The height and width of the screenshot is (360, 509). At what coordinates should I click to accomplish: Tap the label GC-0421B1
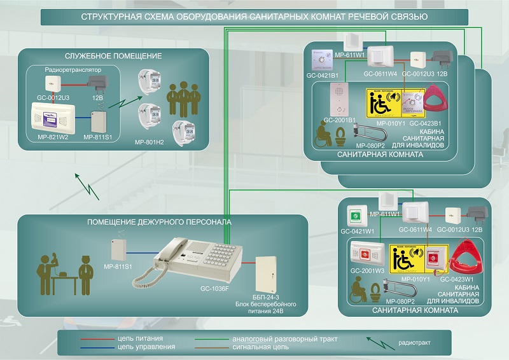click(322, 75)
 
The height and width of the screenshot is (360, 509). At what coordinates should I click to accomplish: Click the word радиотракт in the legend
click(414, 343)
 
